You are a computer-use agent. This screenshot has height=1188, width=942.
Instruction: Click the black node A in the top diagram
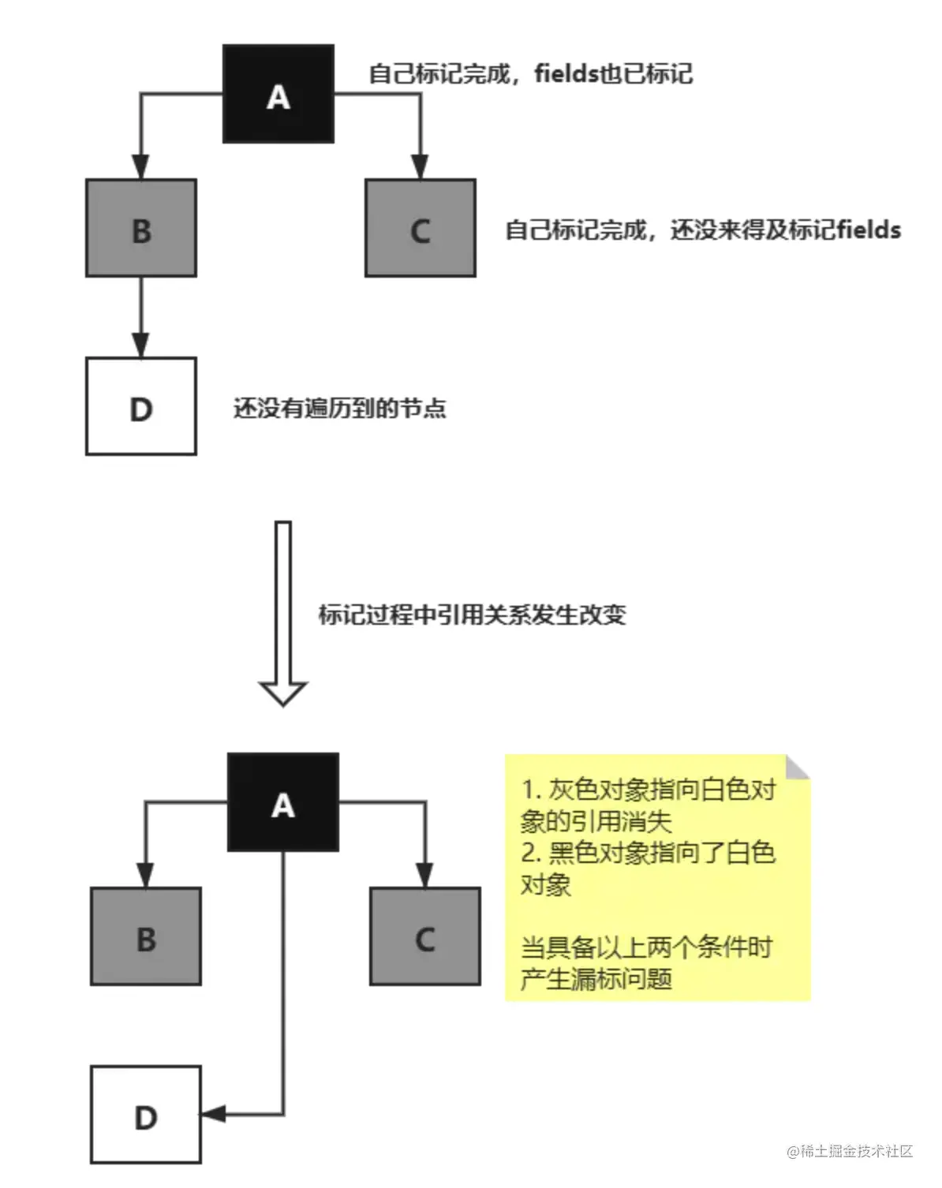278,94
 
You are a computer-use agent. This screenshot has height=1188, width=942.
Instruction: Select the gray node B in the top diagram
140,228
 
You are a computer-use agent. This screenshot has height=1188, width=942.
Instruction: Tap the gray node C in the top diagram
420,228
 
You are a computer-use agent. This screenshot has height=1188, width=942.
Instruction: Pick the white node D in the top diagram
140,406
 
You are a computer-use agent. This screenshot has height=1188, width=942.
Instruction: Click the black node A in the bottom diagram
282,802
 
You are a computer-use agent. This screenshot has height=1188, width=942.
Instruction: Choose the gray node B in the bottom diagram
146,936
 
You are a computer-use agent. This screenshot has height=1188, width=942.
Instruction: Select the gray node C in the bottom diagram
424,936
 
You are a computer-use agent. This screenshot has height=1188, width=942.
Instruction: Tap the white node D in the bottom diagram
146,1115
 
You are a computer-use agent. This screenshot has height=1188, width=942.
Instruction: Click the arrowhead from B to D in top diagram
140,346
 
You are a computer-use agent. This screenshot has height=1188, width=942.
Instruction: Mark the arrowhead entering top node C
420,167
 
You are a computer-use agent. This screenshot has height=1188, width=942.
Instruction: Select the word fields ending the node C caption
869,230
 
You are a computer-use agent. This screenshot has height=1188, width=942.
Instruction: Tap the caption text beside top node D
339,408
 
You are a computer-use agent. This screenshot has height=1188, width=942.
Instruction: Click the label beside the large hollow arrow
472,615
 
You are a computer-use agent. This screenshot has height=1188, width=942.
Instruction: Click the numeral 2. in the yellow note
531,853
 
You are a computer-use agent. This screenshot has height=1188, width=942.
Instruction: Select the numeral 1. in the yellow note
531,790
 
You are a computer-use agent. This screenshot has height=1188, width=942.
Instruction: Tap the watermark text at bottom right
850,1151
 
